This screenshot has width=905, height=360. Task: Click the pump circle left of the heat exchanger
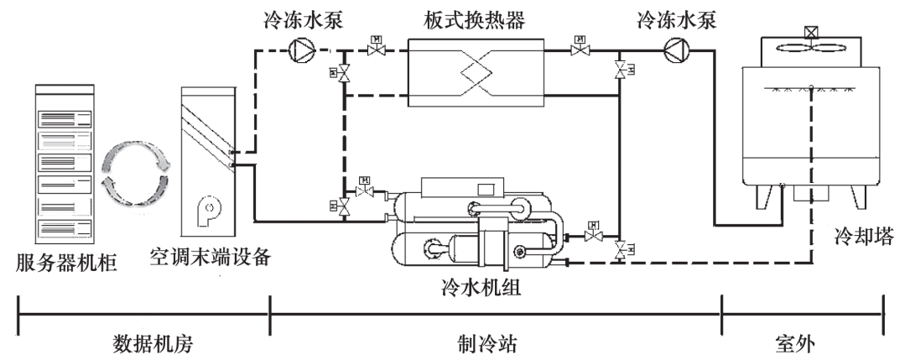[300, 51]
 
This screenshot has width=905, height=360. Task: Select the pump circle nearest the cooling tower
[674, 51]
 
